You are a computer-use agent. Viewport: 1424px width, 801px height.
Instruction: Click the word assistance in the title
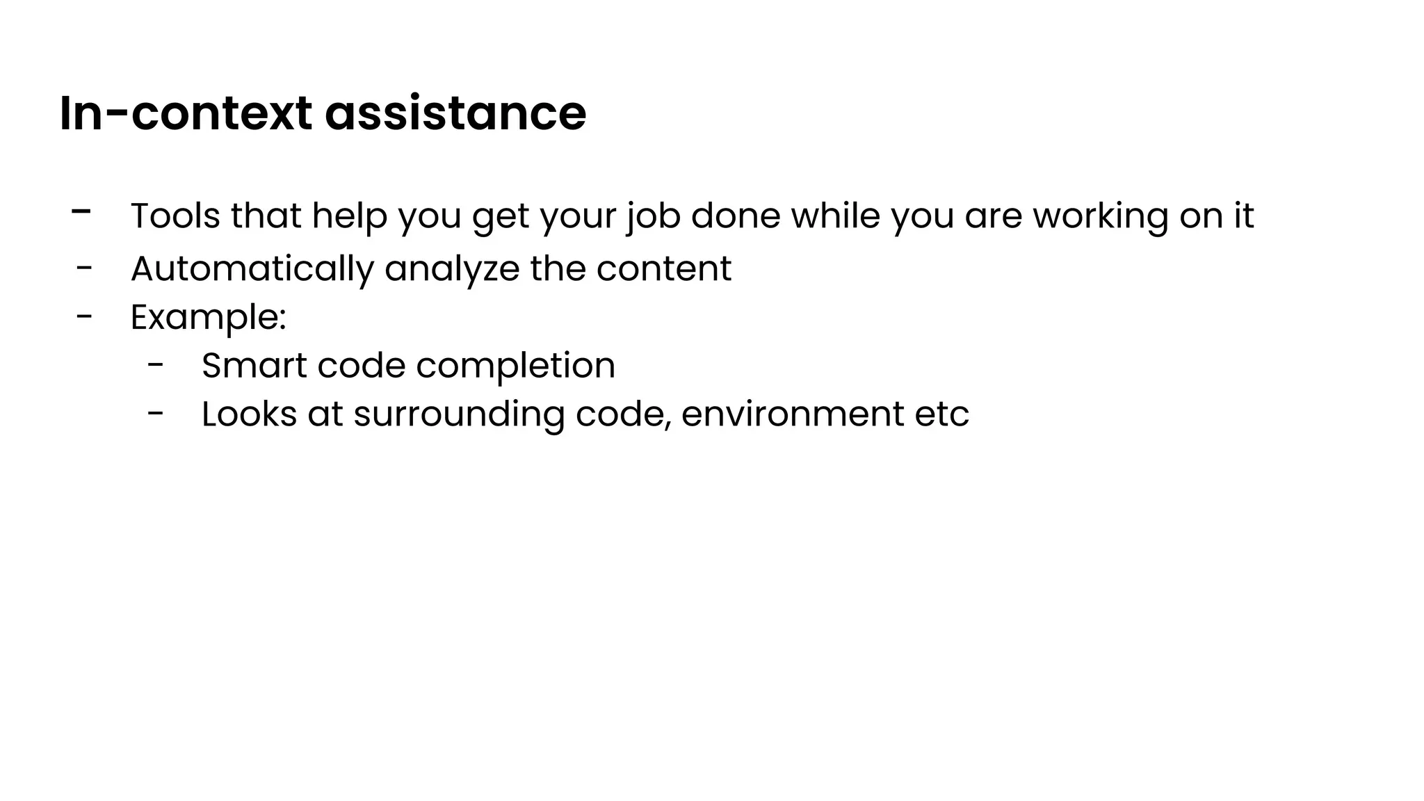point(455,113)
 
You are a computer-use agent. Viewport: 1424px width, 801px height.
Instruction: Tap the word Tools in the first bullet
point(175,216)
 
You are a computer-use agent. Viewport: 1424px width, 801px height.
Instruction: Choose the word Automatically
point(252,269)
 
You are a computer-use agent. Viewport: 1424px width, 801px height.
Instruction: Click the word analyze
point(451,269)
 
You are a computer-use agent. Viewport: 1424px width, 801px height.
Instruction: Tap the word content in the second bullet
point(663,268)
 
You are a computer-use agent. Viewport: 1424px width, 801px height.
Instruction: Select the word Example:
point(208,318)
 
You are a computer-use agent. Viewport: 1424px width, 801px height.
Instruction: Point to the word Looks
point(249,414)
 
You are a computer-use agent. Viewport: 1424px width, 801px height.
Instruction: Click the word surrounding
point(459,415)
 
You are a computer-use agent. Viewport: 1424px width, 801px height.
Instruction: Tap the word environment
point(792,414)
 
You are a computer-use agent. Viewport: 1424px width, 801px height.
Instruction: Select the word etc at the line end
point(942,415)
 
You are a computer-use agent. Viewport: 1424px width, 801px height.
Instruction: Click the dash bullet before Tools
point(81,211)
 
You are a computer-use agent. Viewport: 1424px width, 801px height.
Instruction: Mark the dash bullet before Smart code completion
point(156,364)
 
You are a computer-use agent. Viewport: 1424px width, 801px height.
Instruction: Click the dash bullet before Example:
point(84,316)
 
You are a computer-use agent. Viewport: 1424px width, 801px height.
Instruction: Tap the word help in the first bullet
point(349,216)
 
